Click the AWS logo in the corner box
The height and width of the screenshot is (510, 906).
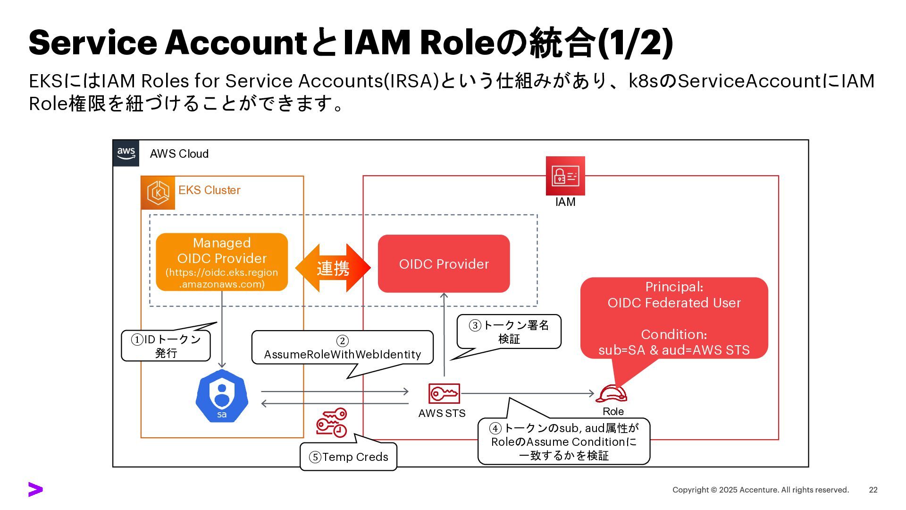click(126, 153)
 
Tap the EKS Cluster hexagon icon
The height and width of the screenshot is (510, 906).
click(158, 193)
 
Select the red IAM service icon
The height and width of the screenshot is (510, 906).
click(565, 176)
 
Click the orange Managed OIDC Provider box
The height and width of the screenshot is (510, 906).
click(222, 262)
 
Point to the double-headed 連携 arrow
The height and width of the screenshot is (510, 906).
click(333, 268)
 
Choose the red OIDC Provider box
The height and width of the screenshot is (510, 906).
click(444, 263)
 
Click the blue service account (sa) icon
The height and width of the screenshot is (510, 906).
click(222, 396)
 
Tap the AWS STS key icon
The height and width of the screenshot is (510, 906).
click(444, 393)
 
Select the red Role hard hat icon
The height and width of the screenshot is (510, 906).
click(612, 394)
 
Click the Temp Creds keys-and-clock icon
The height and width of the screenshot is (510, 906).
click(332, 422)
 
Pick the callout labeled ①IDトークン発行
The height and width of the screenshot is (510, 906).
click(166, 346)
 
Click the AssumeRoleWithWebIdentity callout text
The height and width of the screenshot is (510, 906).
click(342, 354)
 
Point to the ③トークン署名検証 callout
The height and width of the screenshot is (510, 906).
click(509, 331)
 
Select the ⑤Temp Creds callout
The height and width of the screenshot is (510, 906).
click(348, 457)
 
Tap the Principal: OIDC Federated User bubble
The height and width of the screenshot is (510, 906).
click(674, 318)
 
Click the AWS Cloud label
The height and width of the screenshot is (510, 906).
click(179, 154)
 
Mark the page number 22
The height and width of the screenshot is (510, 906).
click(873, 490)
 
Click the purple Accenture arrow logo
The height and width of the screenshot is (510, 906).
click(35, 490)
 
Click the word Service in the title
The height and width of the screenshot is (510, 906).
click(92, 42)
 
